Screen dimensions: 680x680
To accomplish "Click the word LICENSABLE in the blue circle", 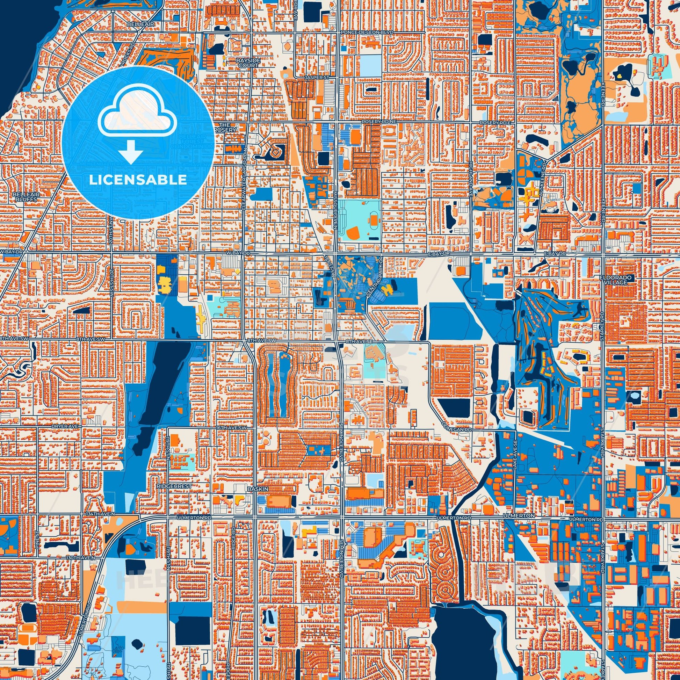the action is pos(138,180).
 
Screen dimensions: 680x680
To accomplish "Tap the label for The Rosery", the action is pos(225,127).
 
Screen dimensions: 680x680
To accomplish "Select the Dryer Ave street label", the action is pos(61,426).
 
